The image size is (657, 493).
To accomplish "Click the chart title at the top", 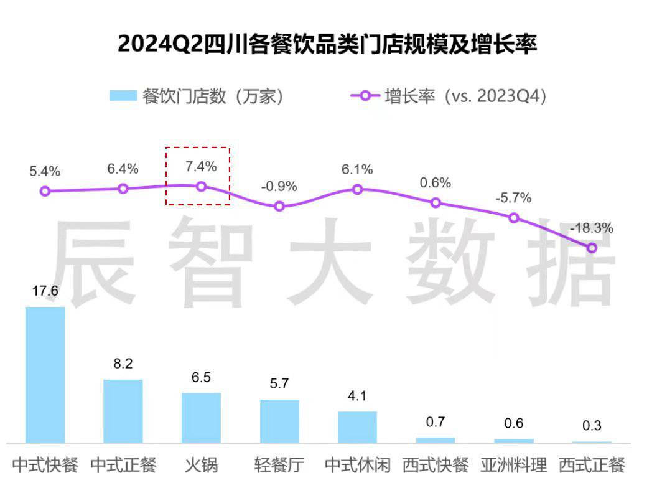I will [x=327, y=44].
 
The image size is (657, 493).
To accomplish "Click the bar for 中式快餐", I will [x=45, y=374].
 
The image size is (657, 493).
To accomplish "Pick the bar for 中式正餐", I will [x=123, y=411].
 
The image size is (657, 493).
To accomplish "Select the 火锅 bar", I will [x=201, y=418].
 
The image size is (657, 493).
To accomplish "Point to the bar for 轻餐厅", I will [x=279, y=421].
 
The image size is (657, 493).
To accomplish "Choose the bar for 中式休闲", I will [x=358, y=427].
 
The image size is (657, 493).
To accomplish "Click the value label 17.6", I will [x=45, y=291].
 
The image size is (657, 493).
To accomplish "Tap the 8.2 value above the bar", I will [x=123, y=364].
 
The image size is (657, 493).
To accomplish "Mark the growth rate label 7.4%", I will [x=201, y=166].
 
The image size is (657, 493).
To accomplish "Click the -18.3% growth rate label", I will [x=592, y=228].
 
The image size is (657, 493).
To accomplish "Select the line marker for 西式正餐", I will [x=592, y=248].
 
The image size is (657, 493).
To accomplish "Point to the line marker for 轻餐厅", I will [x=279, y=206].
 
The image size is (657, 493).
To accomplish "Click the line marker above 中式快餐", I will [x=45, y=192].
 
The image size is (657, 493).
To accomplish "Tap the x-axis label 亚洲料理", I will [x=514, y=465].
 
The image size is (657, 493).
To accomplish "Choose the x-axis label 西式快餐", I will [x=436, y=465].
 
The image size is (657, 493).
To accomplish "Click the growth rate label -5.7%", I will [x=513, y=198].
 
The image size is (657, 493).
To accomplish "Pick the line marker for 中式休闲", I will [x=358, y=189].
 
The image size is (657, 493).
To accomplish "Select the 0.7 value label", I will [x=436, y=422].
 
